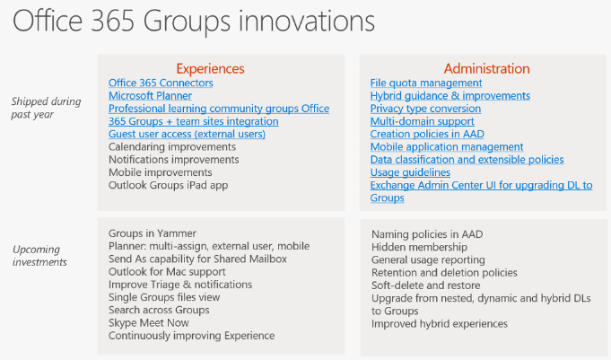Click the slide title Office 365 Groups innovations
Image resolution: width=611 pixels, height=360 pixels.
tap(194, 22)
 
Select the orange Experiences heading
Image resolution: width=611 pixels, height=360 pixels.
tap(210, 69)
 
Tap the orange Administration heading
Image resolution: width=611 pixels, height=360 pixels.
tap(486, 68)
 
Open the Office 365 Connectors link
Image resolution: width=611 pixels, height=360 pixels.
tap(161, 83)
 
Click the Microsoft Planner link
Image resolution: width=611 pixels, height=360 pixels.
tap(150, 96)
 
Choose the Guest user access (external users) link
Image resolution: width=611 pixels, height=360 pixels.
tap(187, 134)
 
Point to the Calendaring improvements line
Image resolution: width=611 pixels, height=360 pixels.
tap(172, 147)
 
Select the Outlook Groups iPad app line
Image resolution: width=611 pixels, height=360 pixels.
tap(169, 185)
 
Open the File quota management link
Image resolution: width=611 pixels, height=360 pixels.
tap(426, 83)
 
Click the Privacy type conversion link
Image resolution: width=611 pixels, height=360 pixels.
tap(425, 109)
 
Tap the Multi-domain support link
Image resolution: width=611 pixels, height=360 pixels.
tap(423, 121)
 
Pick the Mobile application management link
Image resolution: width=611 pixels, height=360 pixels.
tap(447, 147)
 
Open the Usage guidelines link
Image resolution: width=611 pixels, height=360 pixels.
tap(410, 172)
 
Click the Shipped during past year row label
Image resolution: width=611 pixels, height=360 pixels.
tap(46, 108)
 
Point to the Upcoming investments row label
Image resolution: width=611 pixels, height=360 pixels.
tap(39, 256)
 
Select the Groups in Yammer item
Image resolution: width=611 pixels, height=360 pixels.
tap(153, 233)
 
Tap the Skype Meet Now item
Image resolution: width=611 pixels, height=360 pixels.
tap(148, 323)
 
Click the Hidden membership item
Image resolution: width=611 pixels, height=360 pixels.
tap(419, 247)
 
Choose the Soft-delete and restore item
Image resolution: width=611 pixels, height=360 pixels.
tap(426, 285)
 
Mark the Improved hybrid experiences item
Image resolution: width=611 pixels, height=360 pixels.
tap(440, 324)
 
